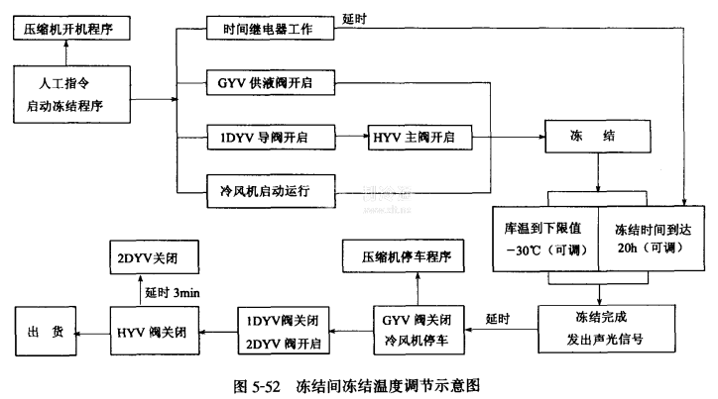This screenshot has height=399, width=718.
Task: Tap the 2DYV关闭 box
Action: (152, 258)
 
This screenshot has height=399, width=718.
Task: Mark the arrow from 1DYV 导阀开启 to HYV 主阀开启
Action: (351, 137)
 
